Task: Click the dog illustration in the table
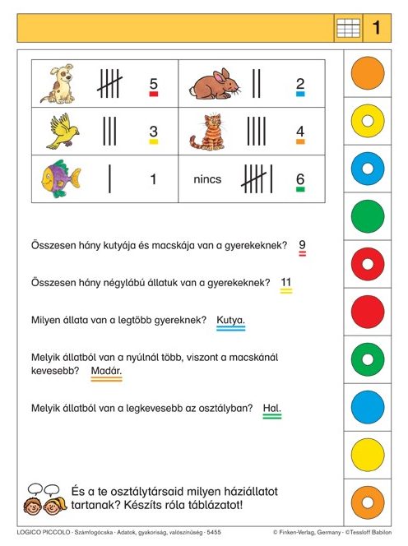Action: [60, 84]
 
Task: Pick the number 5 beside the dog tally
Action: [153, 83]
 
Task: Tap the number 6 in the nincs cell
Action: [300, 178]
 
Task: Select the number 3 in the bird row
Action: [153, 131]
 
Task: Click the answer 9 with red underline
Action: [303, 245]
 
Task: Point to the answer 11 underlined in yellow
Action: [286, 283]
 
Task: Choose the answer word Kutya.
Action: [230, 320]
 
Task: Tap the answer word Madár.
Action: [107, 371]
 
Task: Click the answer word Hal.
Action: [271, 407]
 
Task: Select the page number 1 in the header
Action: [376, 28]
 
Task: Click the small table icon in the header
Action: [348, 28]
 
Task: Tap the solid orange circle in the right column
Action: [368, 74]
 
